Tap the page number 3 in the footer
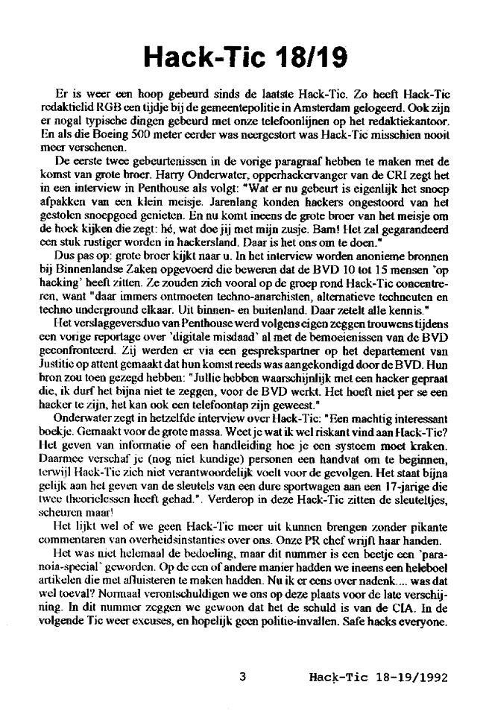click(242, 677)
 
